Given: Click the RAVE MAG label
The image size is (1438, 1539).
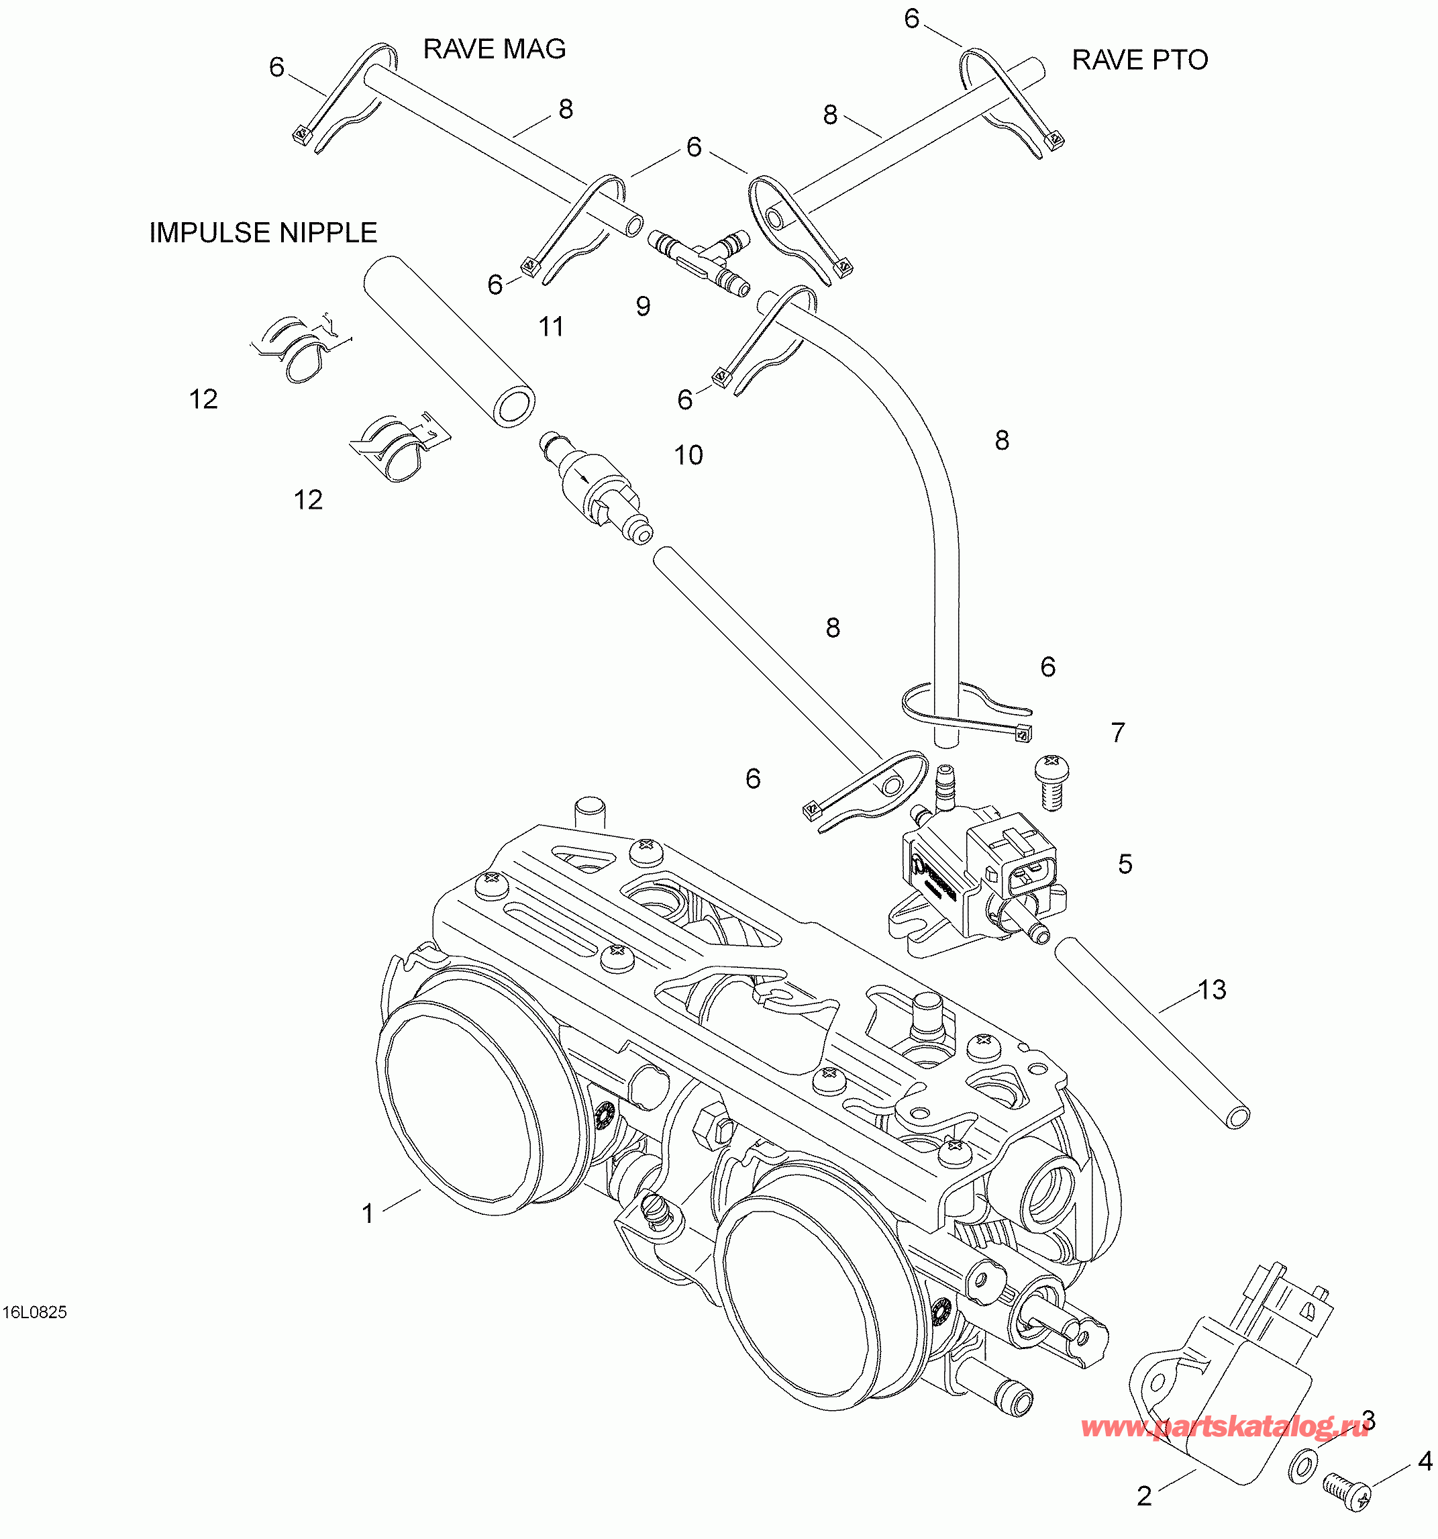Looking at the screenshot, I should [x=494, y=50].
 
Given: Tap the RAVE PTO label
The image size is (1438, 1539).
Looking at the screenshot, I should [x=1139, y=60].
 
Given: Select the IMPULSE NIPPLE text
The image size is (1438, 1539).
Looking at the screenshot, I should [x=263, y=233].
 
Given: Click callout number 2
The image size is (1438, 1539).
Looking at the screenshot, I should [x=1144, y=1495].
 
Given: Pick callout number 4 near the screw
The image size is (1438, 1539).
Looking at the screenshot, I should [x=1425, y=1461].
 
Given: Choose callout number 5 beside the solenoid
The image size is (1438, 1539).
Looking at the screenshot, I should [x=1125, y=864].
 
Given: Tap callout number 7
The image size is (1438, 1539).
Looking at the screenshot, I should [x=1117, y=732].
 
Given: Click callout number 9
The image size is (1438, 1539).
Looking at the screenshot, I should [x=643, y=307].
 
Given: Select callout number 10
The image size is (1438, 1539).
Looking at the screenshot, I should [x=688, y=455].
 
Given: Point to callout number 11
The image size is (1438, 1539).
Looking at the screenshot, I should [x=551, y=327].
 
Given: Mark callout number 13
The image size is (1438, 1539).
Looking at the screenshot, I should [x=1212, y=989].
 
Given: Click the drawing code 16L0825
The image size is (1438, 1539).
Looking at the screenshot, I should [x=35, y=1312].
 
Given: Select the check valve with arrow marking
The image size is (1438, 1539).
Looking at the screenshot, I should [x=596, y=487].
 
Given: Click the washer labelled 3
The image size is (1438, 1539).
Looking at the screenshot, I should [x=1303, y=1464].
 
